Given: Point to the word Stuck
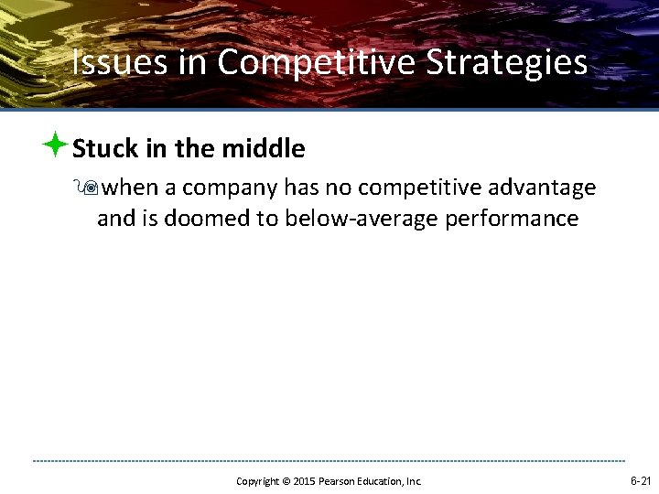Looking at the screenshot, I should click(104, 148).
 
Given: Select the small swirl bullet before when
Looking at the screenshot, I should click(90, 188).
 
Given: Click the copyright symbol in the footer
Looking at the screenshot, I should click(286, 481).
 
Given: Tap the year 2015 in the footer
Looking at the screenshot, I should click(303, 481).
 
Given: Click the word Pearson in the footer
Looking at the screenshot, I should click(335, 481).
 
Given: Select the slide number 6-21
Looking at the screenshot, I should click(640, 480).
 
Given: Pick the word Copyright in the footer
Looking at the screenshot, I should click(257, 481).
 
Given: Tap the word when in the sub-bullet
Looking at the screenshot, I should click(130, 188).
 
